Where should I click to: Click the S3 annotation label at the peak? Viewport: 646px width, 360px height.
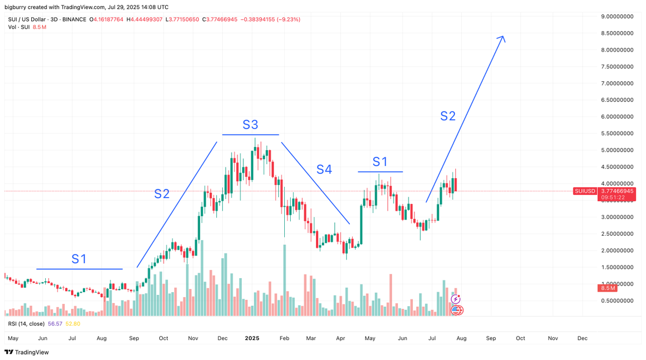tap(250, 125)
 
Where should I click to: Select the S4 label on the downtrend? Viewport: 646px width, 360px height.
tap(324, 170)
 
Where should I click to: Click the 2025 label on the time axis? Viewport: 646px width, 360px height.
tap(252, 338)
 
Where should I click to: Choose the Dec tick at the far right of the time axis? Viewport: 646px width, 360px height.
tap(582, 338)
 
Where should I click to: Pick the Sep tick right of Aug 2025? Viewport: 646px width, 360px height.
tap(491, 338)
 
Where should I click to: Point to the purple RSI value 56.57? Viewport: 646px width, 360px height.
tap(55, 323)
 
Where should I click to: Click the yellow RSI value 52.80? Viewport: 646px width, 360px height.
tap(73, 323)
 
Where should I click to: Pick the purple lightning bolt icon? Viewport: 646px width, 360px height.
tap(455, 299)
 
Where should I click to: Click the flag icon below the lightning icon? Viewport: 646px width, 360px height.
tap(455, 309)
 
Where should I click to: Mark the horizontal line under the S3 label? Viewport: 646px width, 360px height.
tap(251, 135)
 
